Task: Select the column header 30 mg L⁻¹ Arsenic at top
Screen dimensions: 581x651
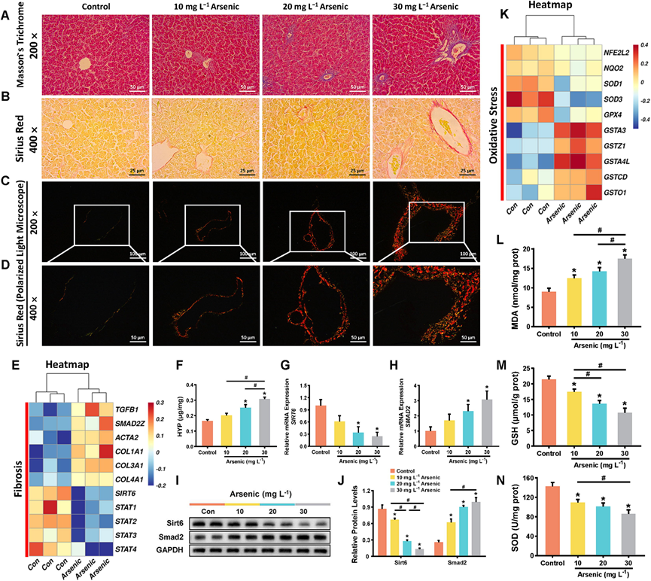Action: pos(427,8)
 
